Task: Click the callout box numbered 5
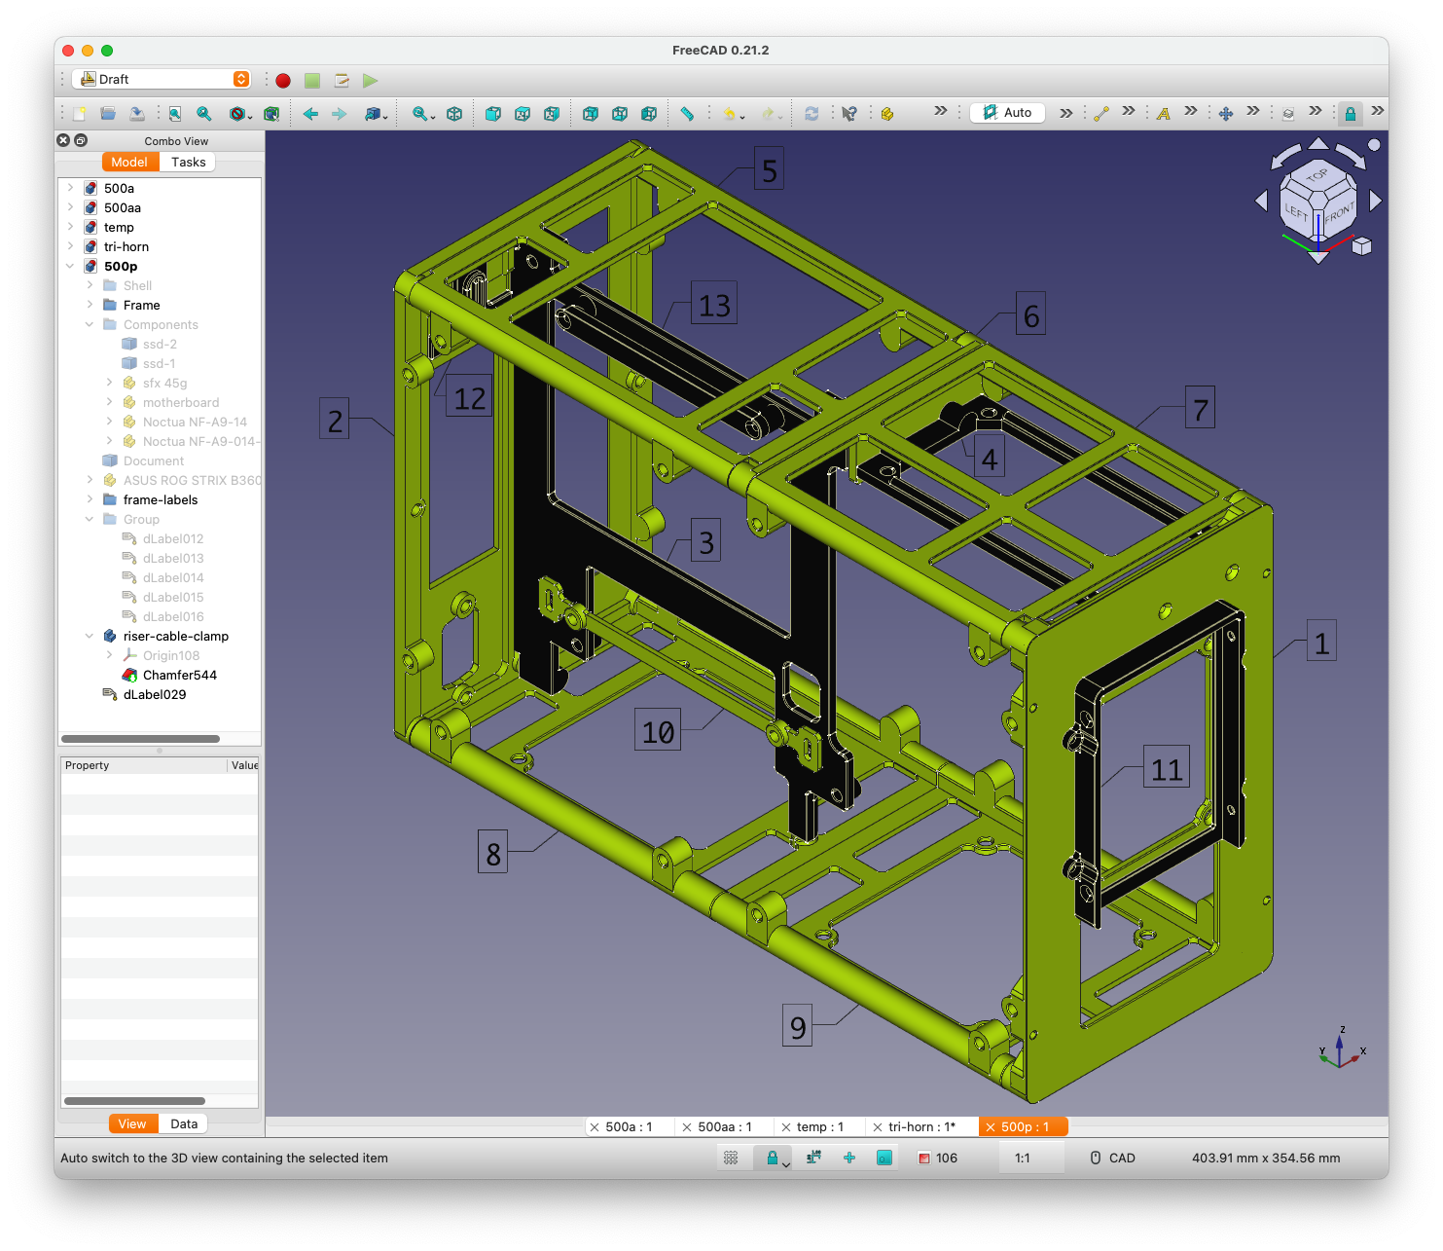click(x=768, y=168)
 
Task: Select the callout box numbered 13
click(x=713, y=303)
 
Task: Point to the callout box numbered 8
click(x=492, y=852)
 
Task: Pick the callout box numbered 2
click(x=334, y=419)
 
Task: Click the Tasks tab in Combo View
click(x=188, y=162)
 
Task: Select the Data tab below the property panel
click(x=184, y=1123)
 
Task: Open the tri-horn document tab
click(x=915, y=1127)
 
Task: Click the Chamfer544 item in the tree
click(x=179, y=676)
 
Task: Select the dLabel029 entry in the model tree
click(x=155, y=695)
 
